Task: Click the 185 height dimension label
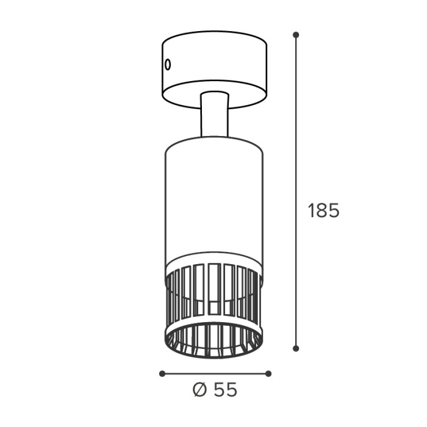[323, 210]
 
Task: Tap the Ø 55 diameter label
[215, 390]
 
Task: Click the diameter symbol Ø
[199, 390]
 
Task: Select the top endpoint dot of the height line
[296, 35]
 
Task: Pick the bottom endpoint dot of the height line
[296, 348]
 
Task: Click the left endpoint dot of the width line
[162, 373]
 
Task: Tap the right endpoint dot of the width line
[268, 373]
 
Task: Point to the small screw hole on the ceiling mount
[168, 65]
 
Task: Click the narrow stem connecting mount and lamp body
[214, 114]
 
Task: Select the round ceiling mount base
[215, 70]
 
